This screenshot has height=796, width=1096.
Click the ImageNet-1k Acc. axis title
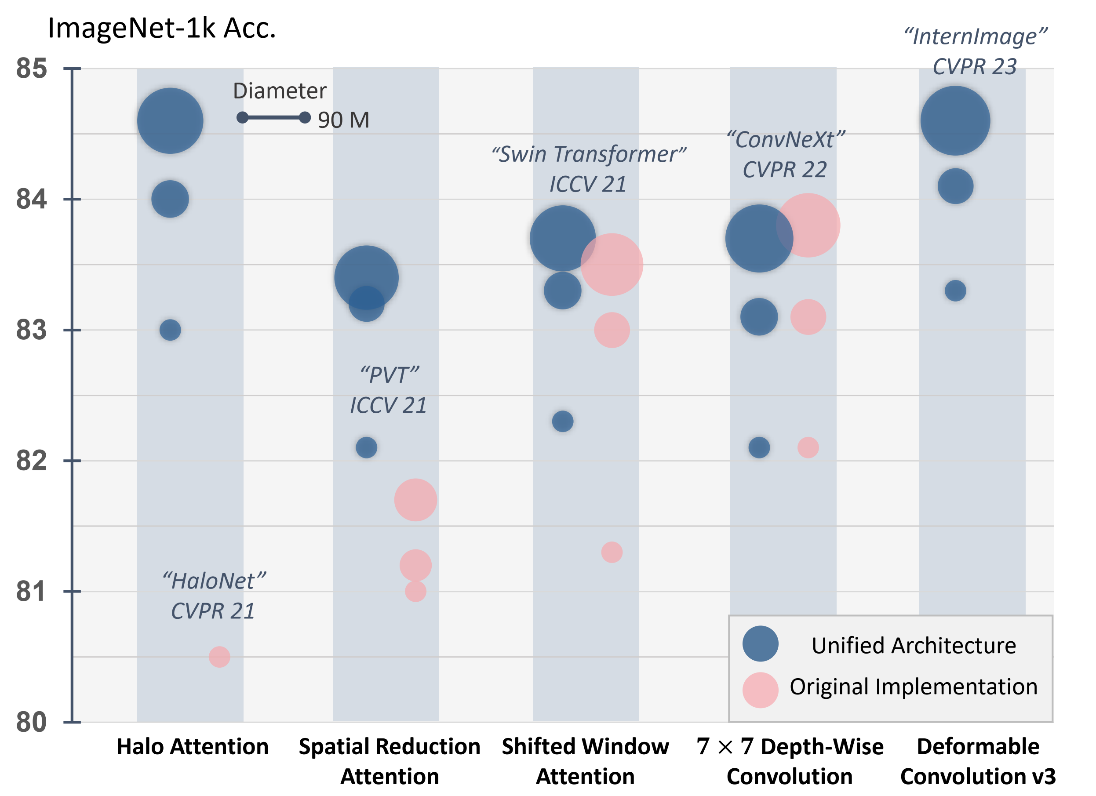(162, 28)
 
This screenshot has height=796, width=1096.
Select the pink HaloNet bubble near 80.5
(219, 657)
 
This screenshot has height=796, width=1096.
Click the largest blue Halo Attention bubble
(170, 121)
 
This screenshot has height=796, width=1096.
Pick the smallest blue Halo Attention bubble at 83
(170, 330)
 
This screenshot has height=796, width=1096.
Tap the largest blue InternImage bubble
(955, 121)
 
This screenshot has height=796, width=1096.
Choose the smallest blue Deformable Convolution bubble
(955, 291)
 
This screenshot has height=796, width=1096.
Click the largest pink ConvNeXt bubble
(808, 225)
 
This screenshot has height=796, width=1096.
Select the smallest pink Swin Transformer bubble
(612, 552)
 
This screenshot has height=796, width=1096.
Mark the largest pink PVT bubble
(415, 500)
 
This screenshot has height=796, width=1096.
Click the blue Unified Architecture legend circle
(761, 644)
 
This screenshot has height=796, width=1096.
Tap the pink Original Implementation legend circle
(761, 690)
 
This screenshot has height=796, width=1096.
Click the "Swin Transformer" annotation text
(589, 155)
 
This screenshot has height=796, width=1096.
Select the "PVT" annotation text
(390, 375)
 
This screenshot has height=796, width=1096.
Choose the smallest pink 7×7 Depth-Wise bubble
(808, 447)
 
